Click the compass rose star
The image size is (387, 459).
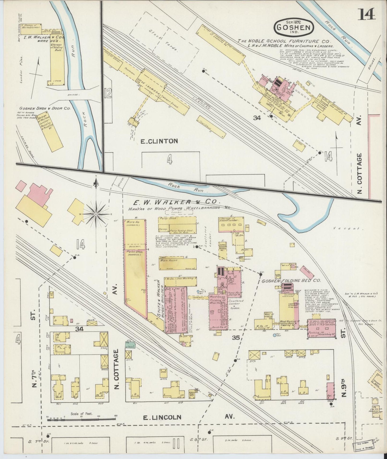click(x=96, y=214)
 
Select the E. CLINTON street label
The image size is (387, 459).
click(x=159, y=141)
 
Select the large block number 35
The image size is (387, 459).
click(x=236, y=338)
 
